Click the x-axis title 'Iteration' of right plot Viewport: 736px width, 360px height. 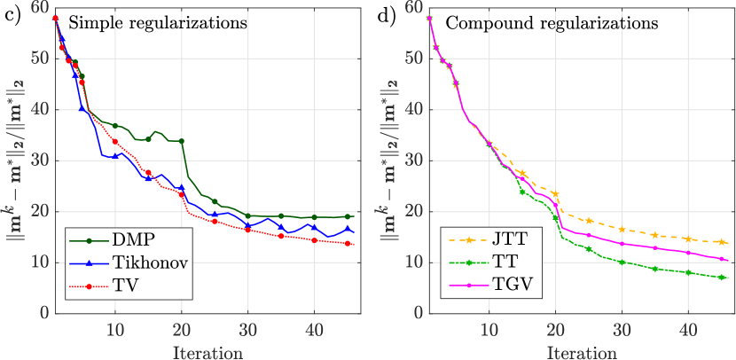(x=588, y=352)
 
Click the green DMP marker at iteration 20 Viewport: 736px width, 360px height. (x=181, y=141)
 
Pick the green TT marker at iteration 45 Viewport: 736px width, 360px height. (x=722, y=278)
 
